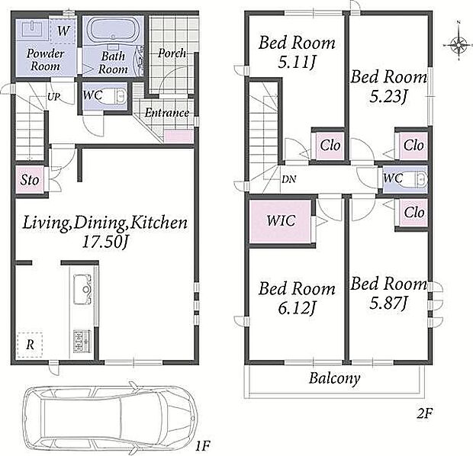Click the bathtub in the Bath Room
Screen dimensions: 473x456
(113, 30)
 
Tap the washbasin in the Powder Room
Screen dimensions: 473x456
(32, 29)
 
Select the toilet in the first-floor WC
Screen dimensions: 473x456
(120, 96)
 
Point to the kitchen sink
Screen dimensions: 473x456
(82, 290)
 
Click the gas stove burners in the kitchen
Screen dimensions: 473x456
(82, 341)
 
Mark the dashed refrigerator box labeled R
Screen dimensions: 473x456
(30, 345)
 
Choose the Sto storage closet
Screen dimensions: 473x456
(30, 180)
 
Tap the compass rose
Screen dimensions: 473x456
(459, 45)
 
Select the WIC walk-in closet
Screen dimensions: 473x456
(281, 222)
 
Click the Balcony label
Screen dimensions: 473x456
(335, 378)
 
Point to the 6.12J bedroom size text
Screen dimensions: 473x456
(297, 308)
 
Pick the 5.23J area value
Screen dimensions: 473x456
(388, 97)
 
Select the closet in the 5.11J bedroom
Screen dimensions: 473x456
(330, 146)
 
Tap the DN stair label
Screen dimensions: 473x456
(289, 179)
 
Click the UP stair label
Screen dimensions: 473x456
(53, 97)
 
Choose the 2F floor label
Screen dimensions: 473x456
(424, 414)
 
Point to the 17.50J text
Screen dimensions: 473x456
(105, 242)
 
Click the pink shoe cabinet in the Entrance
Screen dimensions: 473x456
(179, 136)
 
